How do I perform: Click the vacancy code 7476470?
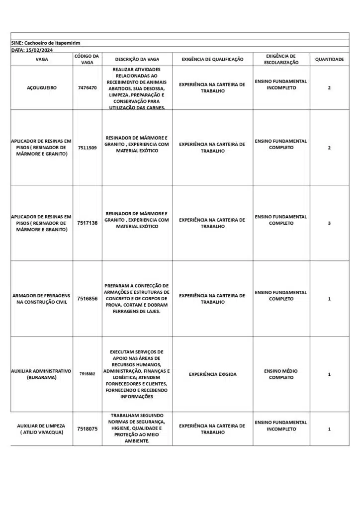click(x=87, y=88)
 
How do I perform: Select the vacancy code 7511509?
click(x=87, y=148)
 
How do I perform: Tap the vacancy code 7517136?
click(x=87, y=223)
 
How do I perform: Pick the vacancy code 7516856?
click(x=87, y=299)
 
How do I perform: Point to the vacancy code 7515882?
click(x=87, y=374)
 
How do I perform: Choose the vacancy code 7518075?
click(x=87, y=428)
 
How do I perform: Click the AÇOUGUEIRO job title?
click(x=42, y=88)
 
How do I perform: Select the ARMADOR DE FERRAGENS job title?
click(x=42, y=299)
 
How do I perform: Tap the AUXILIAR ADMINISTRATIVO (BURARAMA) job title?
click(x=42, y=374)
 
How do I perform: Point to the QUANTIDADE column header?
click(x=329, y=60)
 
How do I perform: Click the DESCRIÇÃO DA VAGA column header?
click(x=137, y=60)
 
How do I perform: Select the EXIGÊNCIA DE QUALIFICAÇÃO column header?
click(x=212, y=60)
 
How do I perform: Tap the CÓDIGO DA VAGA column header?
click(x=87, y=60)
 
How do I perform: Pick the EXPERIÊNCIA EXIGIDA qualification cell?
click(x=212, y=374)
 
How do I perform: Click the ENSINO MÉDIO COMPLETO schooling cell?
click(x=281, y=374)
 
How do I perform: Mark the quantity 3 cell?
click(x=329, y=223)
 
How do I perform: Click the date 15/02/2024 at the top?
click(x=32, y=50)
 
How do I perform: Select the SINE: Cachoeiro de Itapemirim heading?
click(x=46, y=43)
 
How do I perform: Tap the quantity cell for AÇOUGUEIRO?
click(x=329, y=88)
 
